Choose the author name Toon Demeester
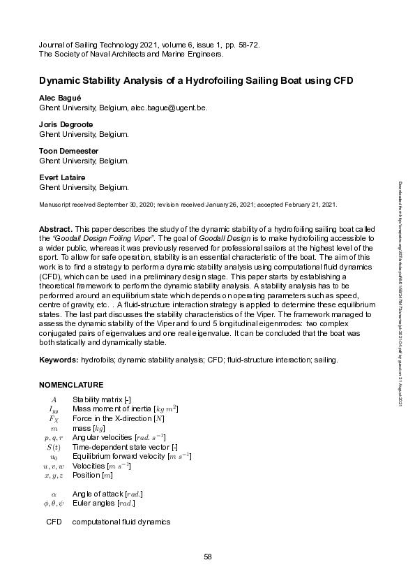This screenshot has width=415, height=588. coord(68,151)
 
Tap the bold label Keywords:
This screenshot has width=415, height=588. coord(58,360)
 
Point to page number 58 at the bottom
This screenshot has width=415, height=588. coord(207,557)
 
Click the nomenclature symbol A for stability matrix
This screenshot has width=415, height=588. coord(54,399)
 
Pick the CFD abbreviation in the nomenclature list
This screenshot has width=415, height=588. coord(54,522)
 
